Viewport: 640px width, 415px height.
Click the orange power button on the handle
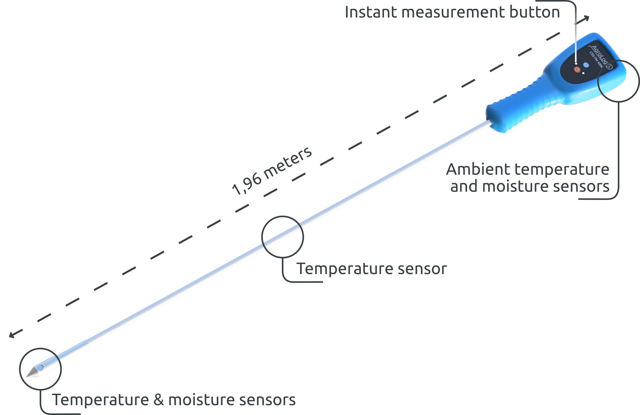[x=577, y=70]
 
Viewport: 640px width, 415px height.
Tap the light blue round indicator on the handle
[x=586, y=65]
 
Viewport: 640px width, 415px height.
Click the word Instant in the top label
[x=371, y=12]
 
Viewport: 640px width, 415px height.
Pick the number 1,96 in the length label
[x=247, y=185]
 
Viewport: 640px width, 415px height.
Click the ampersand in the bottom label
[x=158, y=400]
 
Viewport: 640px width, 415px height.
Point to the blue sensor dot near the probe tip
[x=40, y=368]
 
